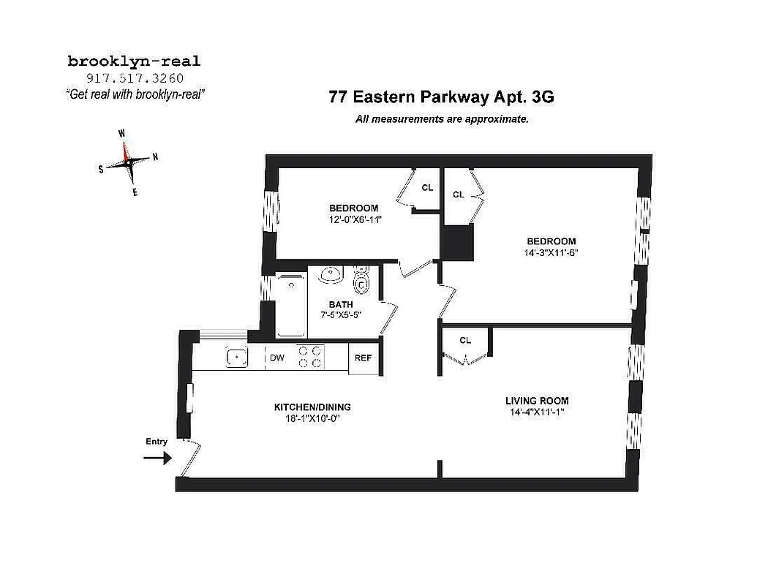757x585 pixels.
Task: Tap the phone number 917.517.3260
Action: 134,78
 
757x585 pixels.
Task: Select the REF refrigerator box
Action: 364,358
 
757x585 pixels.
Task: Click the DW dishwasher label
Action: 276,358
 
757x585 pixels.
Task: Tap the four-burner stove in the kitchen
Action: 310,357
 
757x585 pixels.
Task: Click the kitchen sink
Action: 236,358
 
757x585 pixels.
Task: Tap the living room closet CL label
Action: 465,341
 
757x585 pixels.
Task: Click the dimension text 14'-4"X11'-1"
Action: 537,412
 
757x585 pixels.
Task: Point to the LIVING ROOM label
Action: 537,401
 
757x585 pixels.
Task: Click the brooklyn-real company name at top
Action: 134,61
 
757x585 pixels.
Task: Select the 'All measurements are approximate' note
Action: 441,119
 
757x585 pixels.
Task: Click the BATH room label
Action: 341,304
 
